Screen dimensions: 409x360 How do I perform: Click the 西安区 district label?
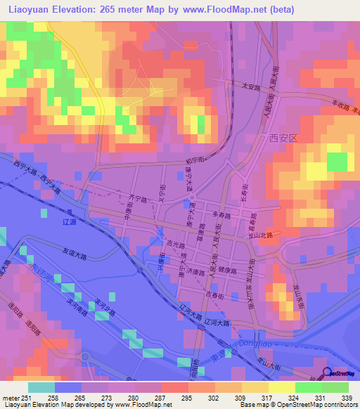tap(283, 138)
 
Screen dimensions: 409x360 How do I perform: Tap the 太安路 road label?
tap(251, 89)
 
